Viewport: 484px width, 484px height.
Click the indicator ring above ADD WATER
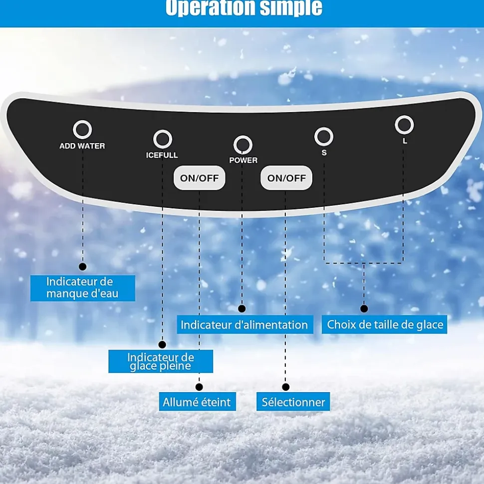click(82, 130)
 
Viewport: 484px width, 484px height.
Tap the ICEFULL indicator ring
click(163, 140)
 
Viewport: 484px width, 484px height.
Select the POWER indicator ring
click(243, 145)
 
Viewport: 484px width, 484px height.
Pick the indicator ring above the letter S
click(324, 136)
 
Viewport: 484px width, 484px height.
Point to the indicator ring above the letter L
click(404, 125)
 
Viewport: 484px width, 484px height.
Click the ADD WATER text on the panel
click(82, 146)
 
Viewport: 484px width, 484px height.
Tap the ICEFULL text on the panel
click(162, 156)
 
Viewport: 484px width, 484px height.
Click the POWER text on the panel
click(243, 161)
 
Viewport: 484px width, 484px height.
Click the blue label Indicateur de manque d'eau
click(83, 288)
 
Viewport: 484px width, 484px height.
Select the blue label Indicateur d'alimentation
click(244, 325)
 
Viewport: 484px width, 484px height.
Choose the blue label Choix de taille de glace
click(385, 325)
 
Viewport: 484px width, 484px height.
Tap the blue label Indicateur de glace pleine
click(161, 361)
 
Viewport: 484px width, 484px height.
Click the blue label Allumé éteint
click(197, 402)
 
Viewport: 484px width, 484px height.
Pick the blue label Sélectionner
click(293, 402)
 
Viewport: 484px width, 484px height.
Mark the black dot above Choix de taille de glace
click(364, 309)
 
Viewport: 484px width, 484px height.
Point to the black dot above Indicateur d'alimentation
click(242, 309)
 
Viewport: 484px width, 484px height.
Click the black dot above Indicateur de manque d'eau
click(83, 267)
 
